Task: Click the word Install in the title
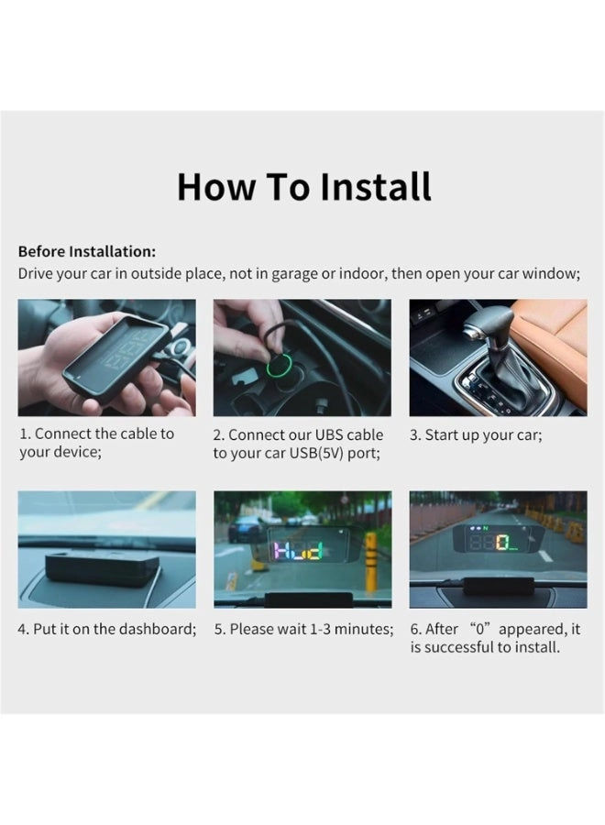coord(376,186)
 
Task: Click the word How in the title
coord(215,187)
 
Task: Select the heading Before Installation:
coord(87,251)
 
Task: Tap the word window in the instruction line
coord(551,273)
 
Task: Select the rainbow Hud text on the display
coord(297,551)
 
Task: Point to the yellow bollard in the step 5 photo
coord(371,561)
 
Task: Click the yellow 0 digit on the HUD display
coord(501,543)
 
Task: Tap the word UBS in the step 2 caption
coord(329,435)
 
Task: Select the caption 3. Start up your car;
coord(476,435)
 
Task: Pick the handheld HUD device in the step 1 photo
coord(116,358)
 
